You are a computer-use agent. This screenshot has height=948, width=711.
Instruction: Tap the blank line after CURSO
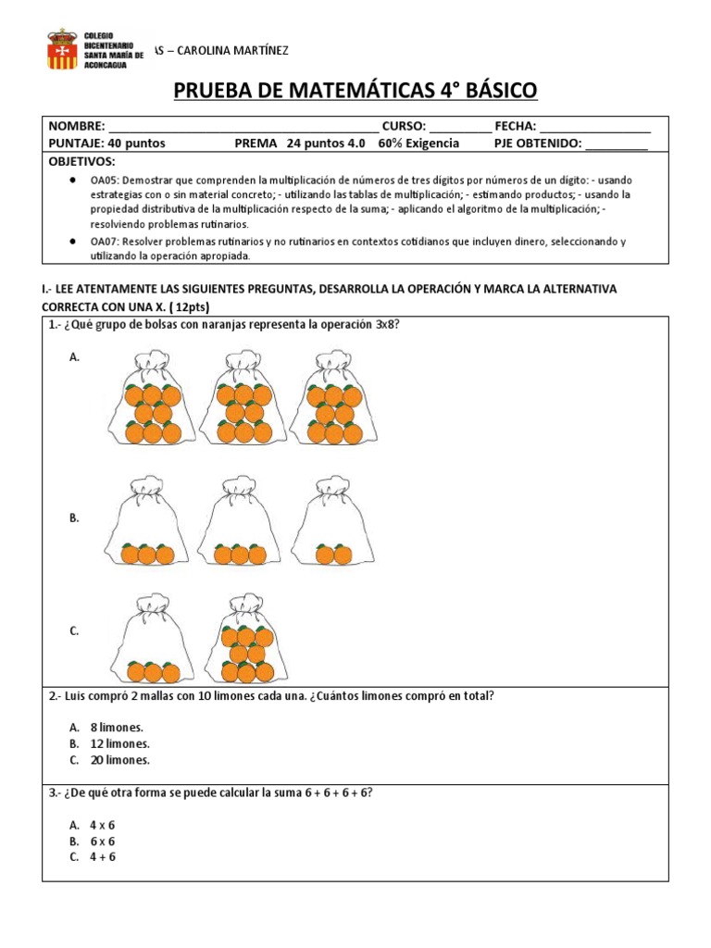(x=460, y=127)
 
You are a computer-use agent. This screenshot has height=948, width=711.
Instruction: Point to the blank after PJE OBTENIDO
(x=617, y=143)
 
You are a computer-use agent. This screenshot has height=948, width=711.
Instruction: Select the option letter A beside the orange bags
(x=74, y=356)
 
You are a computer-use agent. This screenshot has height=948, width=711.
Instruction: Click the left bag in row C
(x=153, y=641)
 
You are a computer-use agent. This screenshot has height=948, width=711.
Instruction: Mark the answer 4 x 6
(x=102, y=825)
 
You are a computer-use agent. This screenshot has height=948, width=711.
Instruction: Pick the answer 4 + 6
(x=102, y=857)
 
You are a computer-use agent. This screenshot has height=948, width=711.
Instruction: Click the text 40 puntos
(x=133, y=143)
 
